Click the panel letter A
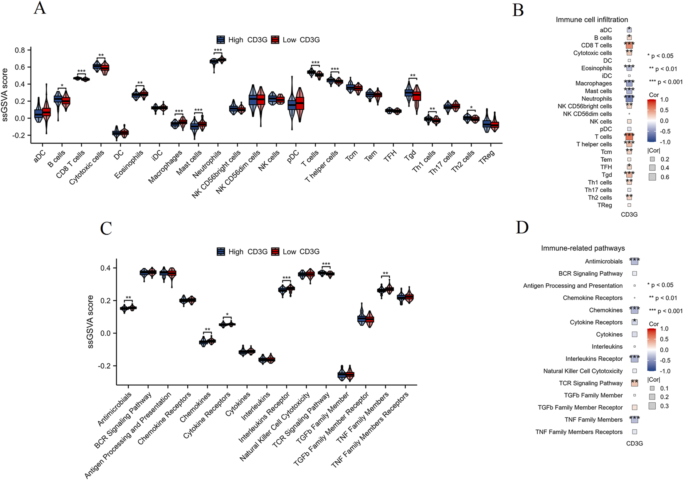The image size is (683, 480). pyautogui.click(x=40, y=8)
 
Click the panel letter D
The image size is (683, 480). pyautogui.click(x=522, y=227)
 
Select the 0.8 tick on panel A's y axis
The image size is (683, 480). pyautogui.click(x=20, y=50)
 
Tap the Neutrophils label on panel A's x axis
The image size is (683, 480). pyautogui.click(x=207, y=164)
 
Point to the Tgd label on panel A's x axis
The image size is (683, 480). pyautogui.click(x=410, y=155)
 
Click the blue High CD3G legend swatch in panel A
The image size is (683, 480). pyautogui.click(x=221, y=40)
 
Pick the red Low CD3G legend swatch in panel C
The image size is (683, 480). pyautogui.click(x=275, y=252)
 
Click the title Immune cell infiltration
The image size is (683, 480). pyautogui.click(x=592, y=20)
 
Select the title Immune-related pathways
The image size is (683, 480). pyautogui.click(x=583, y=248)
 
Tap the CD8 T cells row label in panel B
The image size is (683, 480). pyautogui.click(x=596, y=45)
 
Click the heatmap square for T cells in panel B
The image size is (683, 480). pyautogui.click(x=629, y=137)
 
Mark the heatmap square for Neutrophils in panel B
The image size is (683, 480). pyautogui.click(x=629, y=99)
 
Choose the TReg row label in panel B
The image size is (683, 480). pyautogui.click(x=604, y=205)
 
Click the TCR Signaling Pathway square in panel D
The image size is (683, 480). pyautogui.click(x=634, y=383)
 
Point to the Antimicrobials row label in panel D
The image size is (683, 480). pyautogui.click(x=604, y=261)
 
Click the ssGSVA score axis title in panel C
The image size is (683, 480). pyautogui.click(x=91, y=322)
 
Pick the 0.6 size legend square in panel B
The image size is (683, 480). pyautogui.click(x=652, y=177)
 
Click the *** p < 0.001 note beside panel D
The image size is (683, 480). pyautogui.click(x=666, y=311)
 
